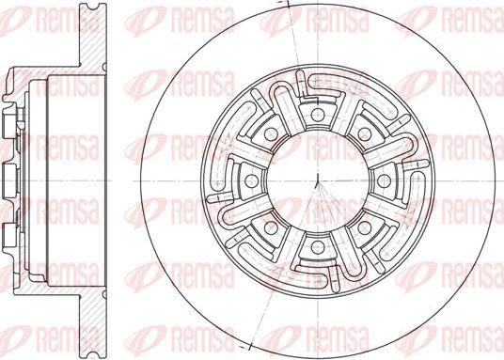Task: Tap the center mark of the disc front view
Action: point(318,179)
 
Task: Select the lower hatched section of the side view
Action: point(94,320)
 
